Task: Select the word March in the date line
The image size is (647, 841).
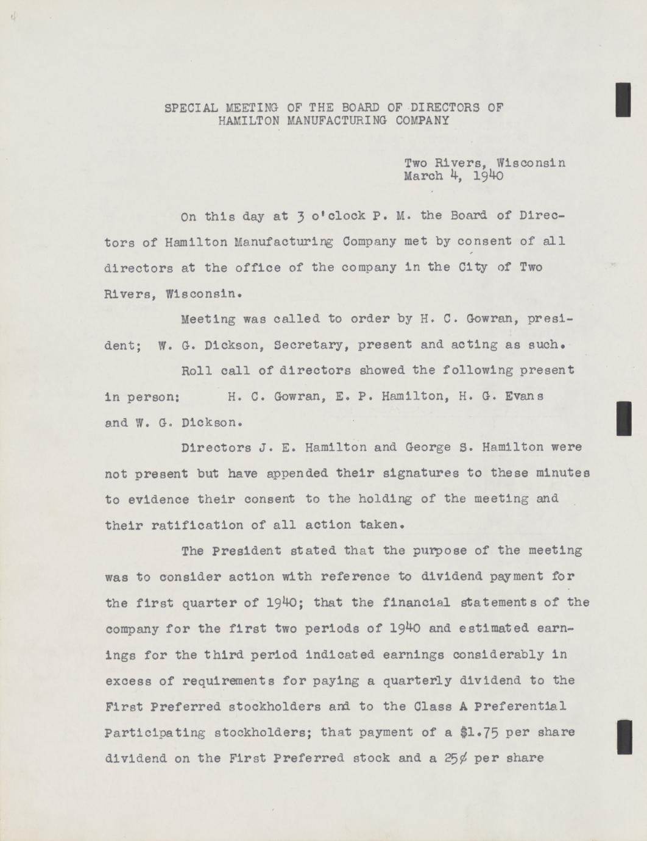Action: point(423,177)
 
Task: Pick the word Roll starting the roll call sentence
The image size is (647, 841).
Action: point(196,370)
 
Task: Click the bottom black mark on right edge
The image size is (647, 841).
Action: point(624,737)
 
